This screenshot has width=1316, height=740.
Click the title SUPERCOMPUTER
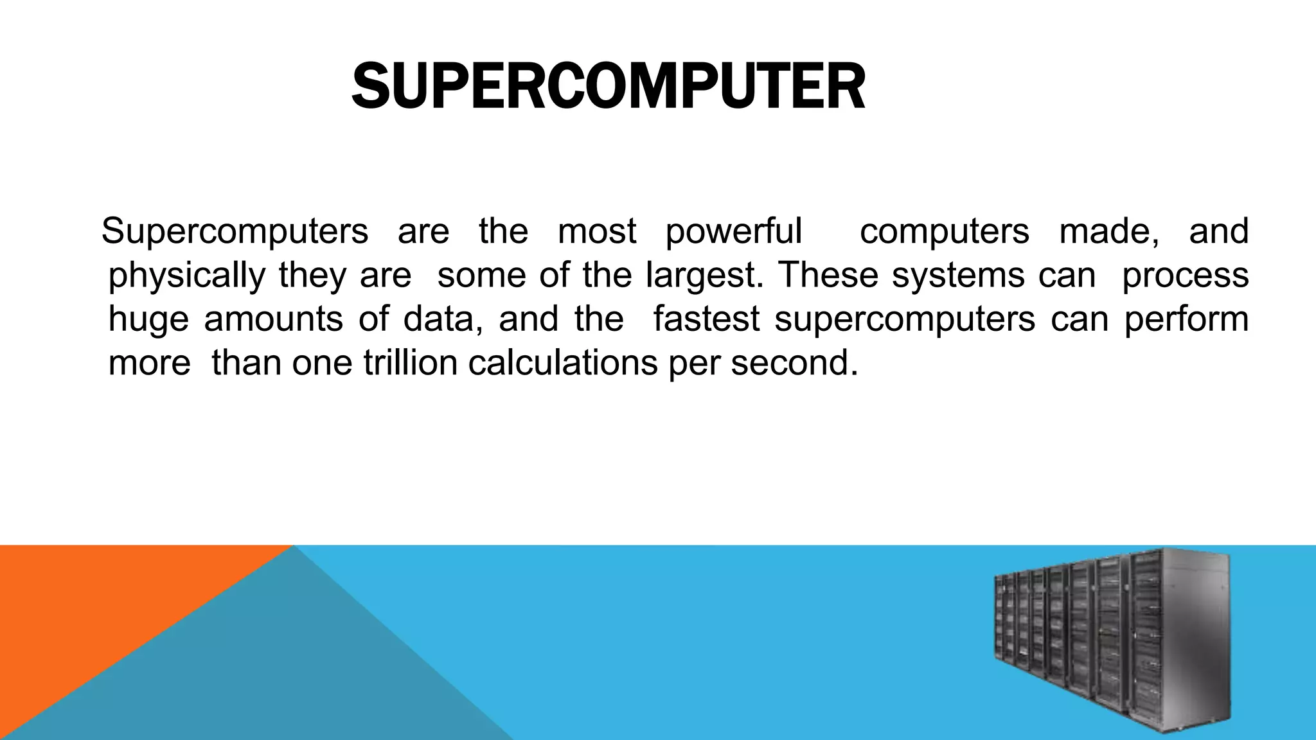pos(608,87)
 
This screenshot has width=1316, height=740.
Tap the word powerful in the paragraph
pos(734,231)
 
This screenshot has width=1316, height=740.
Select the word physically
pos(186,276)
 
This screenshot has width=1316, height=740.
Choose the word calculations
pos(562,363)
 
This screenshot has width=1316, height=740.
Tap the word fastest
pos(706,319)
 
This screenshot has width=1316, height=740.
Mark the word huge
pos(148,319)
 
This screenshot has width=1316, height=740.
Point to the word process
pos(1185,276)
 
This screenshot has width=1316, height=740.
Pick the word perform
pos(1186,319)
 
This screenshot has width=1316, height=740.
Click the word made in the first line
pos(1108,231)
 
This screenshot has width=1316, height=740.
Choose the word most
pos(597,231)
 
